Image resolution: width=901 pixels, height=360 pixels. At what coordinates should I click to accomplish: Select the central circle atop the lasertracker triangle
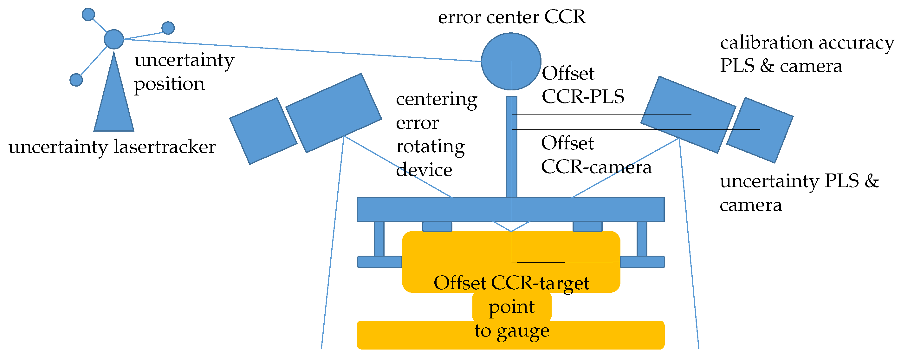click(114, 39)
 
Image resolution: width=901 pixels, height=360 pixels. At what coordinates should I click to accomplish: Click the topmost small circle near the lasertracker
click(88, 14)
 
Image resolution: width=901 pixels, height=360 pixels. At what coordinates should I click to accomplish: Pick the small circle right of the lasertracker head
click(168, 28)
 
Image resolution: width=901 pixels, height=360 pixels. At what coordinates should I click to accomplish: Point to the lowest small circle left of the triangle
click(76, 80)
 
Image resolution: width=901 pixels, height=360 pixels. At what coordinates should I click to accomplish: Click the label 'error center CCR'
click(511, 17)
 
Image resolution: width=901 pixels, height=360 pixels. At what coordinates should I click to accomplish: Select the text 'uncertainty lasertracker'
click(112, 147)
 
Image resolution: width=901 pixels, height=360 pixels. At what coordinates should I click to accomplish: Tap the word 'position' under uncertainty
click(169, 84)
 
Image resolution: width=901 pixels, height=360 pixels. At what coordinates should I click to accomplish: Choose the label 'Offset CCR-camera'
click(596, 155)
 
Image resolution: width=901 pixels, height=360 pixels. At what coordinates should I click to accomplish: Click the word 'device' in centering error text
click(424, 170)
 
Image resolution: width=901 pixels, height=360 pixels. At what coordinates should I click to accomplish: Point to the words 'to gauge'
click(511, 331)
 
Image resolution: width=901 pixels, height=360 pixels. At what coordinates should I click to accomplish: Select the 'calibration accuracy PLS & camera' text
click(806, 54)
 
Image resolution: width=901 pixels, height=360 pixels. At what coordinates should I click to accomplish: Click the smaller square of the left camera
click(263, 131)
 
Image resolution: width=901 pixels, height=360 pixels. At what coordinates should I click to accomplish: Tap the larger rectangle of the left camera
click(333, 113)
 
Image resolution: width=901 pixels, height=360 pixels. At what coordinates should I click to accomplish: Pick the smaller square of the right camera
click(760, 130)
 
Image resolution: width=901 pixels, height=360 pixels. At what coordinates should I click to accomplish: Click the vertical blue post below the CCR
click(511, 147)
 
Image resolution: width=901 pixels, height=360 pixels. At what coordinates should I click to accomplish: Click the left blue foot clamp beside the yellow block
click(379, 262)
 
